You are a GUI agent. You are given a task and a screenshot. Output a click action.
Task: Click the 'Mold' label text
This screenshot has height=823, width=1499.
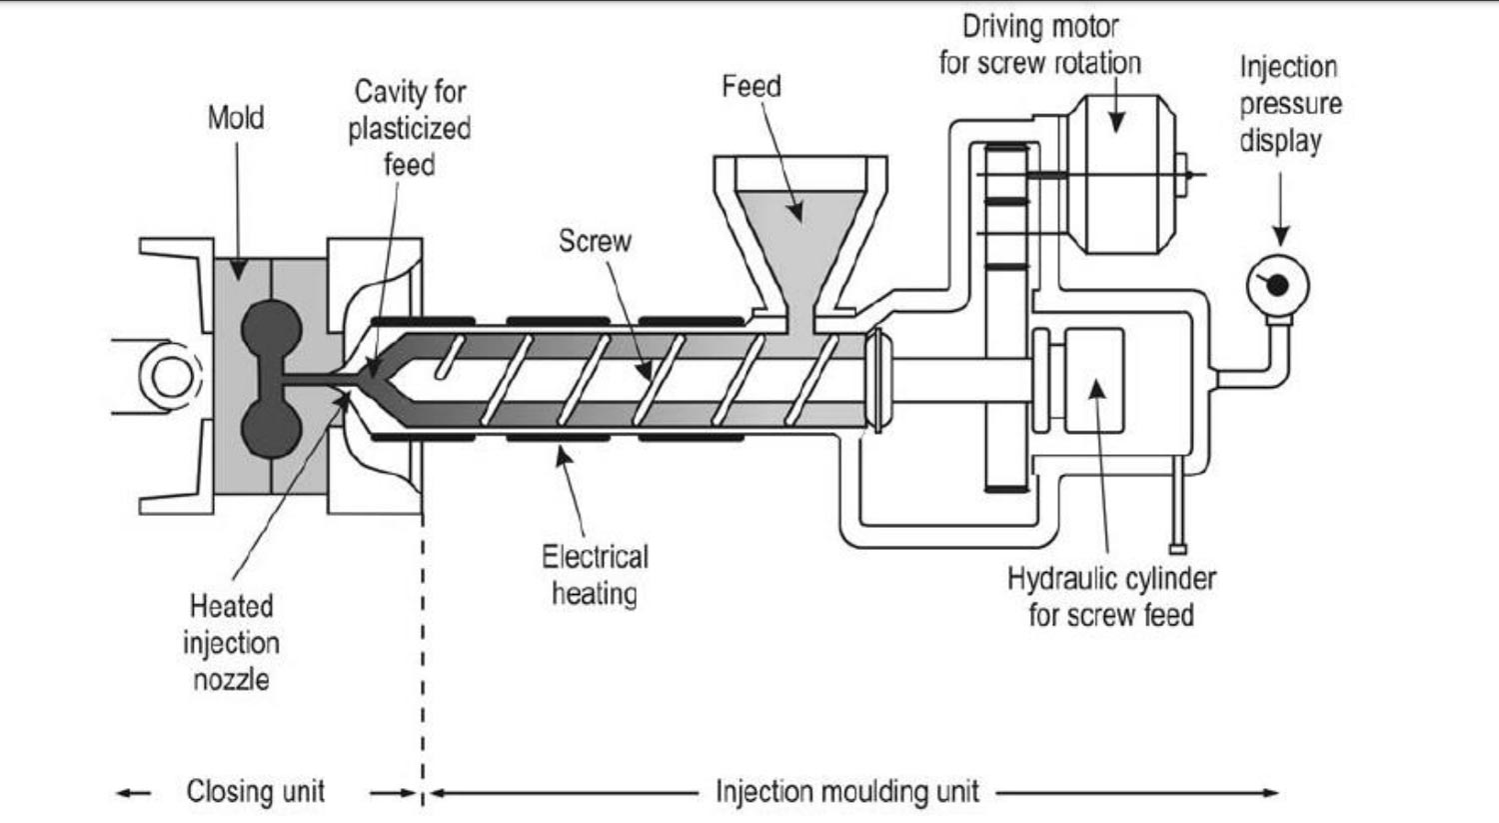(236, 118)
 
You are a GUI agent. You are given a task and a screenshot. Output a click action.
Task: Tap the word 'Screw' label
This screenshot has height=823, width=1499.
(595, 241)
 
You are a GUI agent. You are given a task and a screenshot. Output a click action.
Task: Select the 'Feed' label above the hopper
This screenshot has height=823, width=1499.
(750, 87)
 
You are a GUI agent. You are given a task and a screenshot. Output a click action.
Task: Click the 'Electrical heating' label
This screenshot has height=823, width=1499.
(595, 575)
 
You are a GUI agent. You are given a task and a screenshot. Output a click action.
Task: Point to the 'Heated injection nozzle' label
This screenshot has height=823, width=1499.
(231, 642)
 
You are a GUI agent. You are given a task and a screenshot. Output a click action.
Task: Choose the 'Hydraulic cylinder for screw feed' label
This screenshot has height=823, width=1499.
(1111, 596)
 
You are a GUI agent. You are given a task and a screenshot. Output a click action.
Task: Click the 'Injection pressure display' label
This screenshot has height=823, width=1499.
(1290, 104)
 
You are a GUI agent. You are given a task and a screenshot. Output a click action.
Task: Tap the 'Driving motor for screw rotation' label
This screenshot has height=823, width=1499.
(1039, 45)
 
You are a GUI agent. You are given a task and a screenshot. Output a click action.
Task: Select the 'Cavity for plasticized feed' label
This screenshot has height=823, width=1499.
(410, 128)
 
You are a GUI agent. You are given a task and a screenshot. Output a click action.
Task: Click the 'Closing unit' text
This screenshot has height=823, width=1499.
(256, 792)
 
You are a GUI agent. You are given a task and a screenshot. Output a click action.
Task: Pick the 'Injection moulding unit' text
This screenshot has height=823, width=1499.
(847, 792)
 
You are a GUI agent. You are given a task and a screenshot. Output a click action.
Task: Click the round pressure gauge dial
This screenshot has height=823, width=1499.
(1277, 285)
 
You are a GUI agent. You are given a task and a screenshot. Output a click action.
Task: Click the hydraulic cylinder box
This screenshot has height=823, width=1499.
(1093, 380)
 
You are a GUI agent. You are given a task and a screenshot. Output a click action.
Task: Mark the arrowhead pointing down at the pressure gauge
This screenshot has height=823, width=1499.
(1280, 236)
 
